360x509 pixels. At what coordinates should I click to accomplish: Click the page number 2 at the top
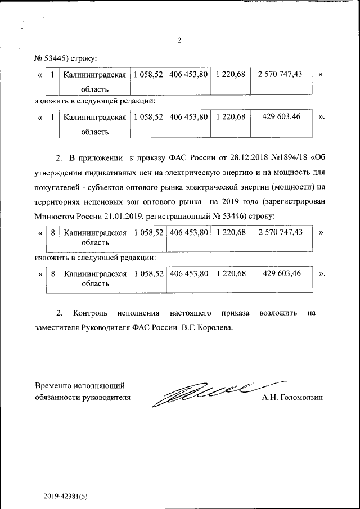coord(179,40)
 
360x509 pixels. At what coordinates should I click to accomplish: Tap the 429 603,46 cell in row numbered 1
coord(281,116)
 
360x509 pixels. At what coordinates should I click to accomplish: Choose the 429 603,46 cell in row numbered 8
coord(281,273)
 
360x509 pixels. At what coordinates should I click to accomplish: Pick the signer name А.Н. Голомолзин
coord(292,398)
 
